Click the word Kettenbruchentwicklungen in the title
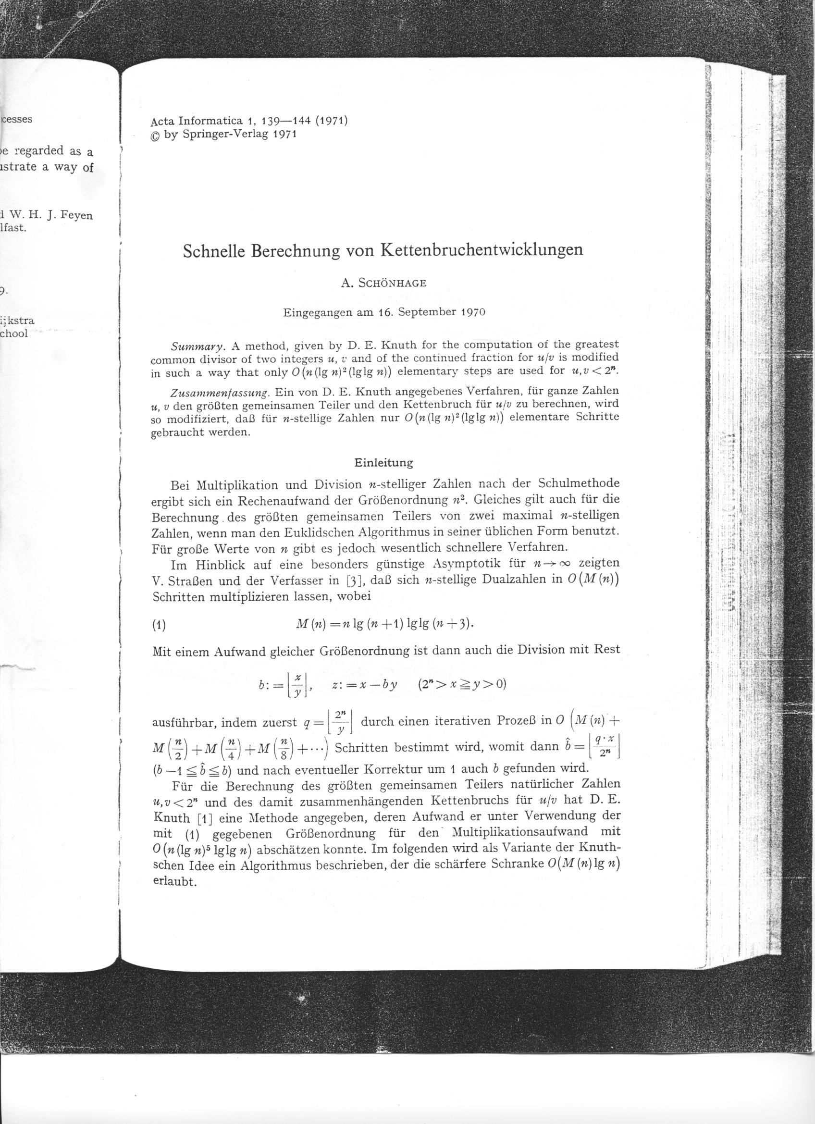click(481, 249)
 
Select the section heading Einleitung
click(384, 463)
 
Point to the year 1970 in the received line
click(473, 313)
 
